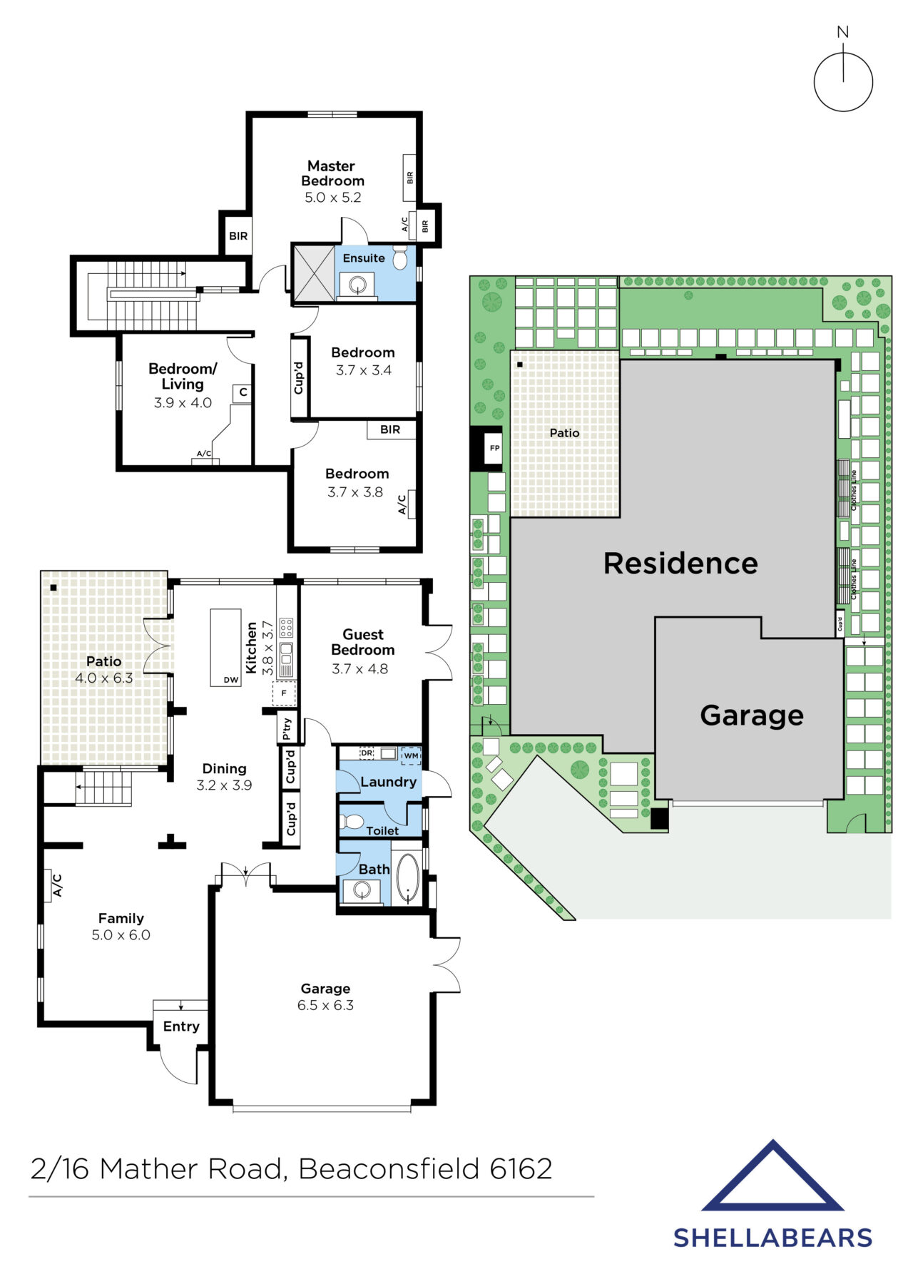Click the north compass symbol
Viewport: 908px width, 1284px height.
tap(843, 81)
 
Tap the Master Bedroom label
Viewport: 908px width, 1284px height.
tap(332, 173)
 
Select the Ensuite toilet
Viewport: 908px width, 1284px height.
tap(399, 258)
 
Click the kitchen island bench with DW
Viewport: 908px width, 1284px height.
tap(225, 648)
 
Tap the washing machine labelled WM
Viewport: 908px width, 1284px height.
tap(411, 755)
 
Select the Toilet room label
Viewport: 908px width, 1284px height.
tap(382, 830)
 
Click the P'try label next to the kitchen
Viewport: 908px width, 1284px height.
tap(287, 728)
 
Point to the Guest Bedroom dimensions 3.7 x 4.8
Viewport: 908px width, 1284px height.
tap(359, 669)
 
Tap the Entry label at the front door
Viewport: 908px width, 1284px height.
tap(181, 1026)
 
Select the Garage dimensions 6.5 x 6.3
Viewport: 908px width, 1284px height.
tap(325, 1005)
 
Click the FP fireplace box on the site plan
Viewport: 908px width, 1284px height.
tap(494, 449)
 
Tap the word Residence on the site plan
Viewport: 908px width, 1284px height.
tap(680, 564)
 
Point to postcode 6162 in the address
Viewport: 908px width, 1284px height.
tap(521, 1168)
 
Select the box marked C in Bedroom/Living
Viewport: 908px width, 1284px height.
tap(243, 393)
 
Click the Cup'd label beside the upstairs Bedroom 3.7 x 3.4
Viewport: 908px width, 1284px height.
tap(299, 377)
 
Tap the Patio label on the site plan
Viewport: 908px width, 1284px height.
tap(564, 433)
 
